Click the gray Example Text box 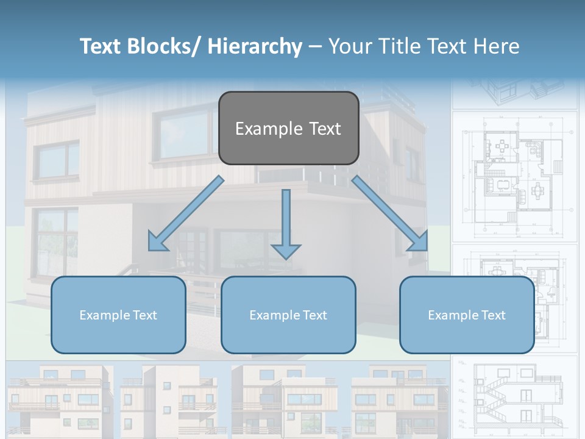(x=288, y=128)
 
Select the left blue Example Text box (x=118, y=315)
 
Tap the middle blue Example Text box (x=288, y=315)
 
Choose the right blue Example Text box (x=467, y=315)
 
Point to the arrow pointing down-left (x=186, y=213)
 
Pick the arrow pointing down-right (x=390, y=213)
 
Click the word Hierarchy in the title (x=255, y=46)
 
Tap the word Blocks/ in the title (x=160, y=46)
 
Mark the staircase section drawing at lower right (x=515, y=396)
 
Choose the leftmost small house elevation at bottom (x=58, y=399)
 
